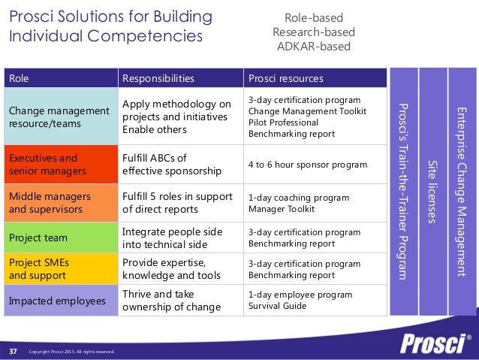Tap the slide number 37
tap(14, 351)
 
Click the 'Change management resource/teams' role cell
tap(60, 116)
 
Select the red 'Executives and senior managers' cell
tap(60, 165)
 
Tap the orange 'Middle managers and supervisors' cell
tap(60, 203)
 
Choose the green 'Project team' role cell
tap(60, 237)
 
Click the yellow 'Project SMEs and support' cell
tap(60, 269)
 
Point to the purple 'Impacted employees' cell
tap(60, 301)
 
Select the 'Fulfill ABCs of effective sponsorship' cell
tap(179, 165)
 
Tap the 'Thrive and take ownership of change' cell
tap(179, 301)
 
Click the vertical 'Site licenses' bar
tap(432, 192)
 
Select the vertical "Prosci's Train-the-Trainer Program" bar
tap(403, 192)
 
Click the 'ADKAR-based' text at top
tap(315, 47)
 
